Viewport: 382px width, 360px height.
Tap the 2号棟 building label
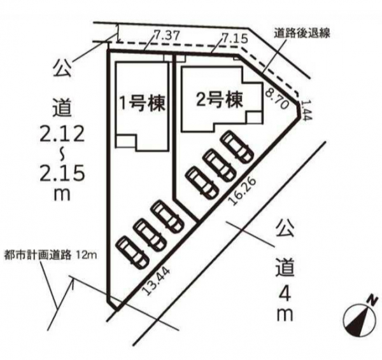coord(220,99)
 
